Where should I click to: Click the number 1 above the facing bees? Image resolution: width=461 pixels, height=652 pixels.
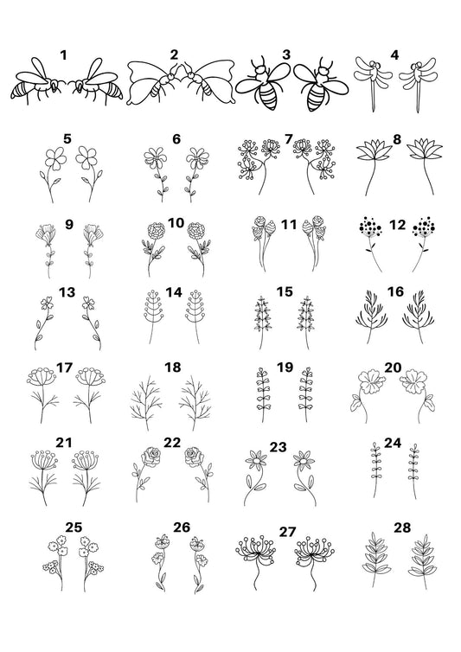tap(63, 54)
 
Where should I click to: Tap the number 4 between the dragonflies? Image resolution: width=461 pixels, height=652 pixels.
tap(394, 54)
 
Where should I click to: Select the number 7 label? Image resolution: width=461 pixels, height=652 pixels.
tap(288, 139)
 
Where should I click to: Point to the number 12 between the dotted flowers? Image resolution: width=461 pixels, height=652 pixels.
tap(397, 225)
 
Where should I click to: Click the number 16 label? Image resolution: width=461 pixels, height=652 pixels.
tap(395, 292)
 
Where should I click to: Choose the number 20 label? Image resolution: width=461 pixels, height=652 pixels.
tap(393, 368)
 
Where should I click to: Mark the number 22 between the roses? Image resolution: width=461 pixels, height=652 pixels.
tap(172, 443)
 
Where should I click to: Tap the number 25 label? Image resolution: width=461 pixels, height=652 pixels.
tap(74, 527)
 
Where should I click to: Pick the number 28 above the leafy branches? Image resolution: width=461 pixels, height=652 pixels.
tap(402, 527)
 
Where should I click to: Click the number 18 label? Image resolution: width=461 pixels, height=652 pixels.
tap(173, 368)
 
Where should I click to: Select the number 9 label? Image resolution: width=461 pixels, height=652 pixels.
tap(69, 225)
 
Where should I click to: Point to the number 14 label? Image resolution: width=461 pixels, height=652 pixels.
tap(174, 292)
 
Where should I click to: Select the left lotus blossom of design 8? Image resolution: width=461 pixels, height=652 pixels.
tap(374, 152)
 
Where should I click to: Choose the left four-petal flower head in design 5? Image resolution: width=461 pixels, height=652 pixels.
tap(54, 158)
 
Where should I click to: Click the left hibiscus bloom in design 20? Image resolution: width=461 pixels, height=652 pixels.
tap(372, 380)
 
